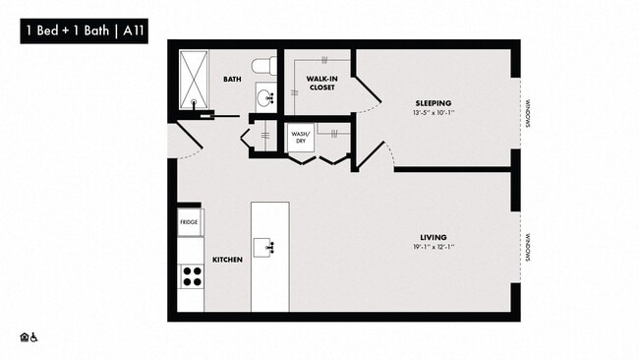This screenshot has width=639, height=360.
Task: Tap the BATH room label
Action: point(232,79)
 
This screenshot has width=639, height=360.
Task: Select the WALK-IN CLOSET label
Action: point(320,83)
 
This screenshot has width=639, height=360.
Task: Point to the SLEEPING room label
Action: point(433,103)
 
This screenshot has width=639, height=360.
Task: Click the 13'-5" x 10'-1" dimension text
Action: point(433,114)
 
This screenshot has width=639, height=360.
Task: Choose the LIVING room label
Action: point(434,237)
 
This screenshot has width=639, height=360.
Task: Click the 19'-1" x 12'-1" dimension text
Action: point(434,248)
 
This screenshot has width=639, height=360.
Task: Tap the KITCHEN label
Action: point(227,261)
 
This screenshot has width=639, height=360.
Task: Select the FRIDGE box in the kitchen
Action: point(190,222)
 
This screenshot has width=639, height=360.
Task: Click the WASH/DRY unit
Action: point(300,137)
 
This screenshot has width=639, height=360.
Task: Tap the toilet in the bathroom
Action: point(261,65)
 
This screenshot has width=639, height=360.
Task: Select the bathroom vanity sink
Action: point(265,96)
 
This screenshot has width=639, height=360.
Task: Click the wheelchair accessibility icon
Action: point(34,337)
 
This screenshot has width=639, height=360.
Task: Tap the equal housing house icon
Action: point(24,337)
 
